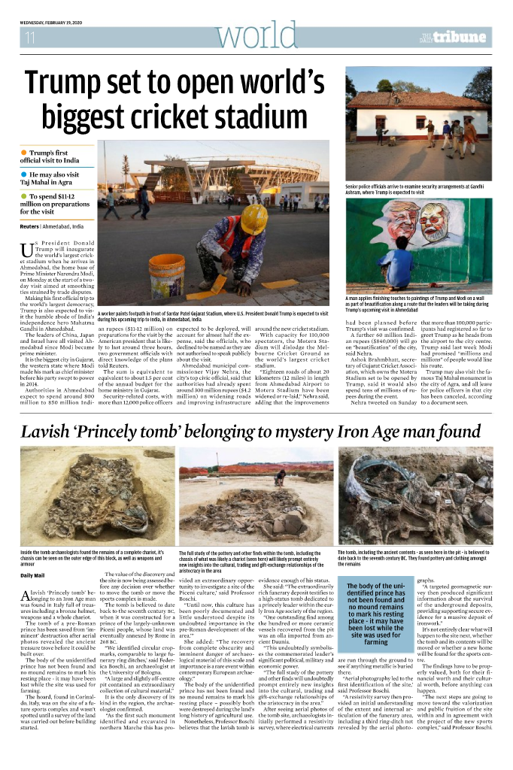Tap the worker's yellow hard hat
[253, 218]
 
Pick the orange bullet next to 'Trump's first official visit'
[23, 153]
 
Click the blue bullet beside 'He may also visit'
[23, 174]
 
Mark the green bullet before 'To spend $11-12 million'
[23, 196]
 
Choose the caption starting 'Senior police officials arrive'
[418, 188]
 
